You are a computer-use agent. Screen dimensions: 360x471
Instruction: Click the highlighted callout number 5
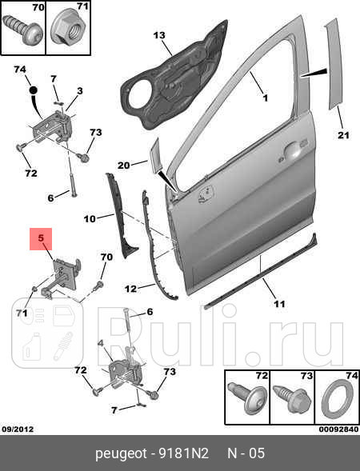point(41,238)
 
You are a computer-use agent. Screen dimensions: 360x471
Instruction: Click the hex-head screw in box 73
point(292,397)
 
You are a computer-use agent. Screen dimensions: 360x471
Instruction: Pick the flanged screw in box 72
point(247,397)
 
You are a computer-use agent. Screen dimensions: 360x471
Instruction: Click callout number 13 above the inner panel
point(159,35)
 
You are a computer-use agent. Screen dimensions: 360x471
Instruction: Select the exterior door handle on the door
point(290,150)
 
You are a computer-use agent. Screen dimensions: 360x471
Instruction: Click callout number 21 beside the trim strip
point(343,135)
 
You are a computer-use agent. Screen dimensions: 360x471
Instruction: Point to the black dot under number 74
point(34,90)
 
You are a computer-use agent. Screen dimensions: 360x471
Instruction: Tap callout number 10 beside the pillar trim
point(90,218)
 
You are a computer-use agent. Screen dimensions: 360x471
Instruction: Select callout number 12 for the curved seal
point(130,289)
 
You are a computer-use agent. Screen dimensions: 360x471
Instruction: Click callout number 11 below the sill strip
point(279,305)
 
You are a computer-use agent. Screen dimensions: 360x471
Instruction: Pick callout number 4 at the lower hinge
point(100,343)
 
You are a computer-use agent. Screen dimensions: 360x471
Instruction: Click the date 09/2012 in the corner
point(18,429)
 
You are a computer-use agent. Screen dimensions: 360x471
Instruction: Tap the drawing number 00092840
point(338,429)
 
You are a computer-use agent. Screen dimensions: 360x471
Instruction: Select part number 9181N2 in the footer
point(184,453)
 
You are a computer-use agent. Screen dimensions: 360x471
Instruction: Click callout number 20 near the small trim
point(123,166)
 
